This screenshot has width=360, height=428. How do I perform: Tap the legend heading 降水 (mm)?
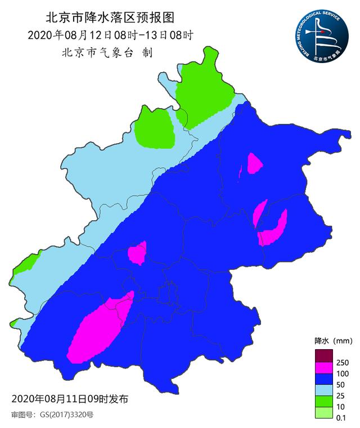[332, 341]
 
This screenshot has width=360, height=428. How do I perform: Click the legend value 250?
[343, 362]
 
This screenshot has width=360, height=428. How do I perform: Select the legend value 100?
[343, 374]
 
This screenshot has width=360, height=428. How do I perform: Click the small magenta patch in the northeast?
[254, 163]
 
